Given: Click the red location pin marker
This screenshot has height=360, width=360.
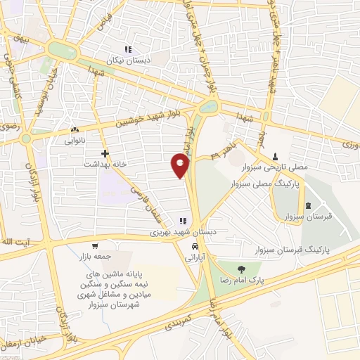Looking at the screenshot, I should [180, 165].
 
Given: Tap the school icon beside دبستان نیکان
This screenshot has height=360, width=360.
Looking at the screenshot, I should [128, 49].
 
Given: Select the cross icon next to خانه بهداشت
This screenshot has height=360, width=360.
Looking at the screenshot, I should [105, 153].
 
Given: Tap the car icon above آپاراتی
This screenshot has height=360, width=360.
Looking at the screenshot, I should [193, 247].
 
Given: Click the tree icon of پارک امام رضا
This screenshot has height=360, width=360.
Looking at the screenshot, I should [241, 269].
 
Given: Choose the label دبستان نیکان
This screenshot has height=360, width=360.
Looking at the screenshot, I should [129, 60].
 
